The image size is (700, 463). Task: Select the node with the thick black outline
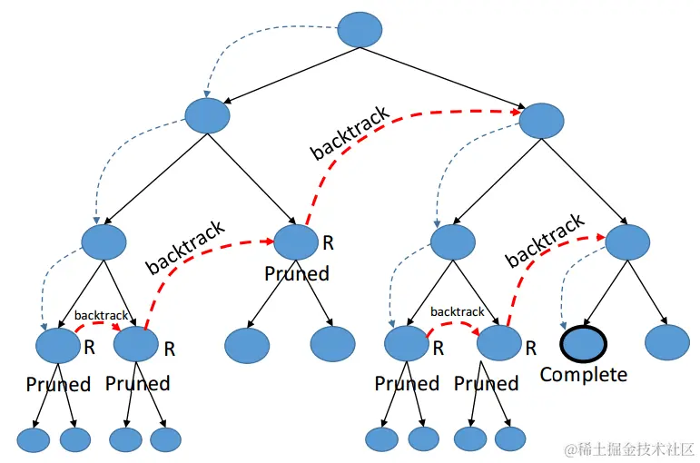pos(584,343)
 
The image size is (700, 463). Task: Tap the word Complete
pos(584,374)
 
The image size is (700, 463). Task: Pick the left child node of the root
pos(207,116)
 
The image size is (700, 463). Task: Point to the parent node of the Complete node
pos(628,242)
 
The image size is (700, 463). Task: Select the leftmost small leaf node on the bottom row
pos(34,439)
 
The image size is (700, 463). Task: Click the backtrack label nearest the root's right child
pos(350,133)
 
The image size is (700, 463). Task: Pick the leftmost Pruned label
pos(58,384)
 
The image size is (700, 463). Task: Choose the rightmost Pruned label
pos(486,384)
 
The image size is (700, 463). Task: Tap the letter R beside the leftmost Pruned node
pos(89,346)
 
